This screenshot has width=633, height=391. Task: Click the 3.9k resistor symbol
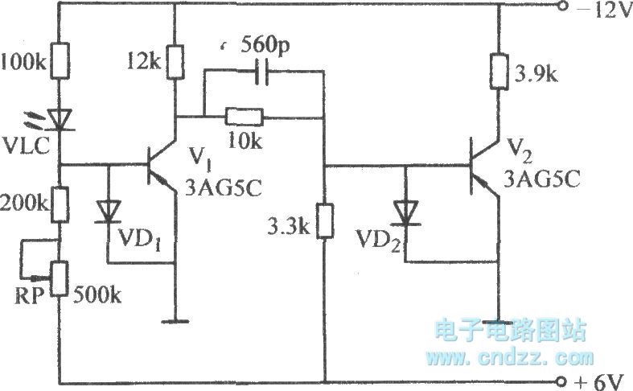499,74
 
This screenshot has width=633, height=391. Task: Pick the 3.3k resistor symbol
324,220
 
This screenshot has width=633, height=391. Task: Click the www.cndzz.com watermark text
510,356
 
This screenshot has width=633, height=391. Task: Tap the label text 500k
99,296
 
